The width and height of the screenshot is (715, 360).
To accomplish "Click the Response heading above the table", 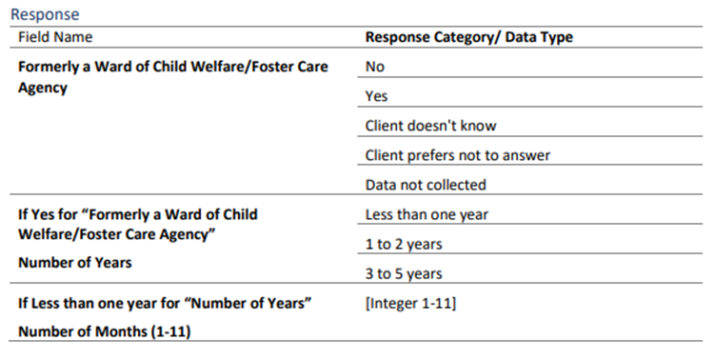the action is coord(45,14).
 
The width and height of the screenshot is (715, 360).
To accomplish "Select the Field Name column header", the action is coord(55,37).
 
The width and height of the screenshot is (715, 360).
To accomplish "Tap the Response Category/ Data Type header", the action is coord(468,37).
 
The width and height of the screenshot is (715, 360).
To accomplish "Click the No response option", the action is coord(375,67).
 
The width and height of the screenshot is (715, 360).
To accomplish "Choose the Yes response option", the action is coord(376,96).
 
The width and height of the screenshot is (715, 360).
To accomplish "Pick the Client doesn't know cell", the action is coord(430,126).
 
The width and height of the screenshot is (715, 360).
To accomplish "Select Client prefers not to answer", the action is coord(457,155).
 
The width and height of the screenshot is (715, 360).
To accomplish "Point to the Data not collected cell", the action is coord(426,185).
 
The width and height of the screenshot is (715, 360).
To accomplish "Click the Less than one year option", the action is coord(427,214).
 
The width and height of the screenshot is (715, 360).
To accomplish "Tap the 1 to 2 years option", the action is coord(404,244).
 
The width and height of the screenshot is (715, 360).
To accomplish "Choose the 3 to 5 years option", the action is coord(404,273).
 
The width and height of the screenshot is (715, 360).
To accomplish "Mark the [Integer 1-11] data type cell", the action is coord(410,304).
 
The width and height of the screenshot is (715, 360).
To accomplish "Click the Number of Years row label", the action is coord(75,262).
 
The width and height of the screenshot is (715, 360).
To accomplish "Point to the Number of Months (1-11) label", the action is coord(104,331).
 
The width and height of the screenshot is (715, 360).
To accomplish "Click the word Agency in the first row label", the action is coord(43,88).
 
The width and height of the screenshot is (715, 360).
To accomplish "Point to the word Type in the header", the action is coord(556,37).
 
